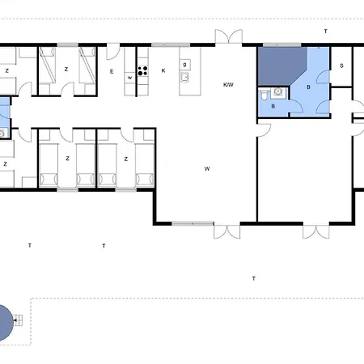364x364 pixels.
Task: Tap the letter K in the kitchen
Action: pos(163,71)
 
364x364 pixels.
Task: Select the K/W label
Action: pos(228,85)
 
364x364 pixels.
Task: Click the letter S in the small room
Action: pos(341,66)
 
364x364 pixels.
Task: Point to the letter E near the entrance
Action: pos(112,72)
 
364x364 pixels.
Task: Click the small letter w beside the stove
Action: pos(129,78)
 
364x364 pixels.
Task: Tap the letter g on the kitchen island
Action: pos(184,64)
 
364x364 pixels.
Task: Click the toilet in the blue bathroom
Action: pos(265,95)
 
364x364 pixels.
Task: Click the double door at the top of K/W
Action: pos(228,37)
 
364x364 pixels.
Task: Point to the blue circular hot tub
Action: pos(4,322)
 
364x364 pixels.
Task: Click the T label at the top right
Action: pos(325,31)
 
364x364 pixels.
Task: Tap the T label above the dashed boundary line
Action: pos(253,278)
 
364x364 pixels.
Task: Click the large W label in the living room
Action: pos(207,169)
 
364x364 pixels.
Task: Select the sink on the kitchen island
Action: pos(184,78)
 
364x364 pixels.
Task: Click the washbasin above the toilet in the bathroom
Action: pos(277,92)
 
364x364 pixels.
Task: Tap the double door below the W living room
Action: pos(226,231)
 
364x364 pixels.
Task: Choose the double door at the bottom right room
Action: pos(315,231)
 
